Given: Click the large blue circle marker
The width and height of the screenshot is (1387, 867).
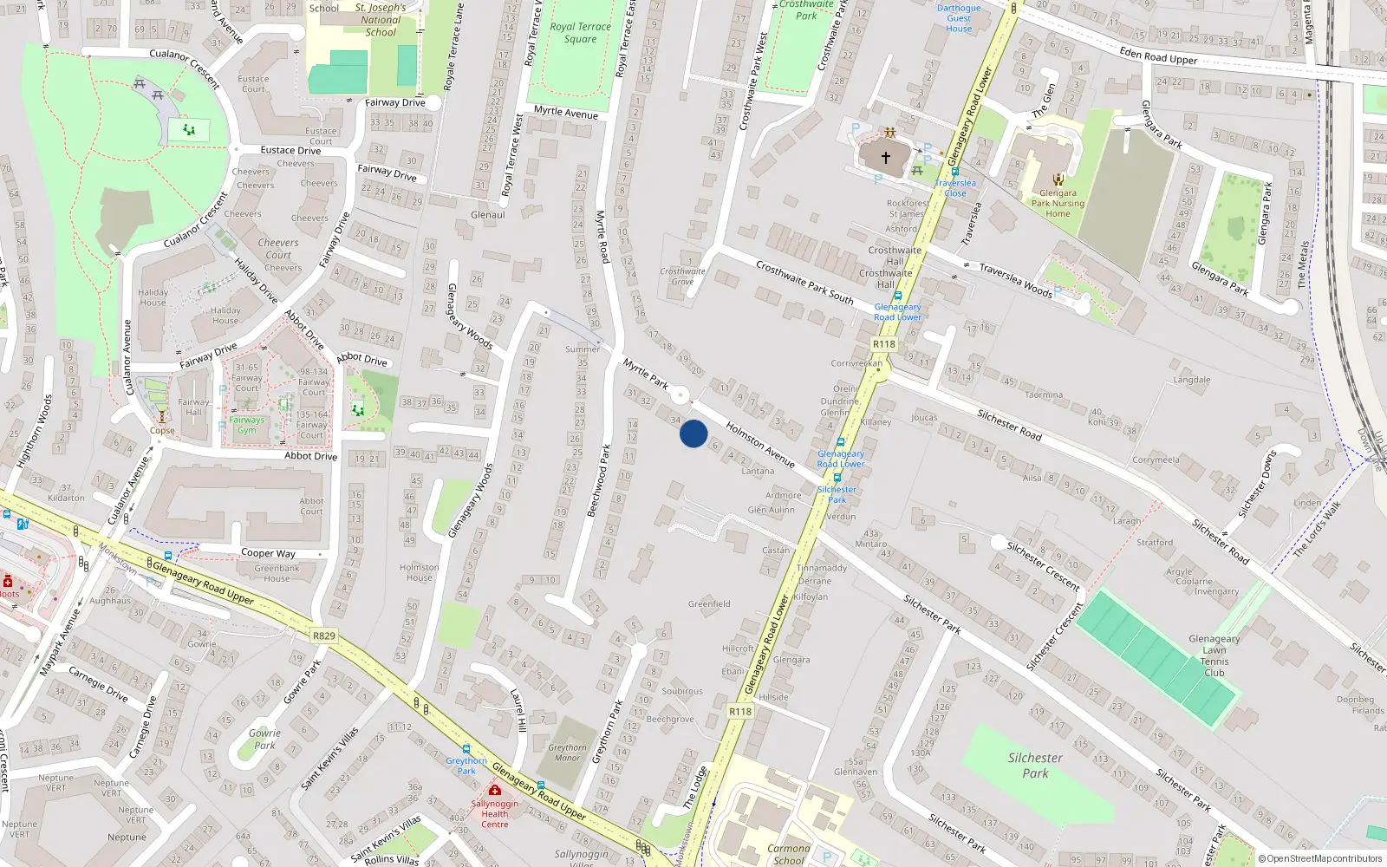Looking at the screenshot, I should click(693, 433).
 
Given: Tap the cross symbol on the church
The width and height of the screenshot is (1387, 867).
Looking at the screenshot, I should click(886, 158).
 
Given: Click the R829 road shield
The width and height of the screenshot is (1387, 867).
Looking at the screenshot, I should click(323, 636).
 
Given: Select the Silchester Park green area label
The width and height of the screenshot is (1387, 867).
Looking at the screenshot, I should click(1035, 765).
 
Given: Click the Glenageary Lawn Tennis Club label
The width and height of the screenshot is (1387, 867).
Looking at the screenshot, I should click(1214, 655).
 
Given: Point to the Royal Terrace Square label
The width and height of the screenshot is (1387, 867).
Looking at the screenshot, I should click(580, 33).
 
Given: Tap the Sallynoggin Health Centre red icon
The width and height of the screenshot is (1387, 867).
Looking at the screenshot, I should click(495, 790).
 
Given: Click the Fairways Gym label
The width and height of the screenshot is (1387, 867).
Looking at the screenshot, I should click(247, 425).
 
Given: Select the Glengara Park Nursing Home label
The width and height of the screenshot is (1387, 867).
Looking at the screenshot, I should click(1058, 204).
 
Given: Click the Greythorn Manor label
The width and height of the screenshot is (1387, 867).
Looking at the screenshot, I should click(567, 753).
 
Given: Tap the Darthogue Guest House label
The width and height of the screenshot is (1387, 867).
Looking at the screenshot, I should click(959, 18).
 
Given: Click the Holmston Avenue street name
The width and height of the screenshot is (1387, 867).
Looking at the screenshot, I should click(760, 445).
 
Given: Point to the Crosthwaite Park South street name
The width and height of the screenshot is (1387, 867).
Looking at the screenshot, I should click(804, 282).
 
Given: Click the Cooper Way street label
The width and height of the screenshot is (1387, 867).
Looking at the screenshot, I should click(268, 553).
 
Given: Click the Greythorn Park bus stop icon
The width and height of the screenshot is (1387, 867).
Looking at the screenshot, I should click(466, 749).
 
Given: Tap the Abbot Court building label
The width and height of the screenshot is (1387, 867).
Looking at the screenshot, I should click(311, 506).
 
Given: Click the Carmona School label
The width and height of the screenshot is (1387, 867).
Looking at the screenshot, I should click(788, 854).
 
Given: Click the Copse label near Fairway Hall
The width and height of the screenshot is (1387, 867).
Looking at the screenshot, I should click(162, 430).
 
